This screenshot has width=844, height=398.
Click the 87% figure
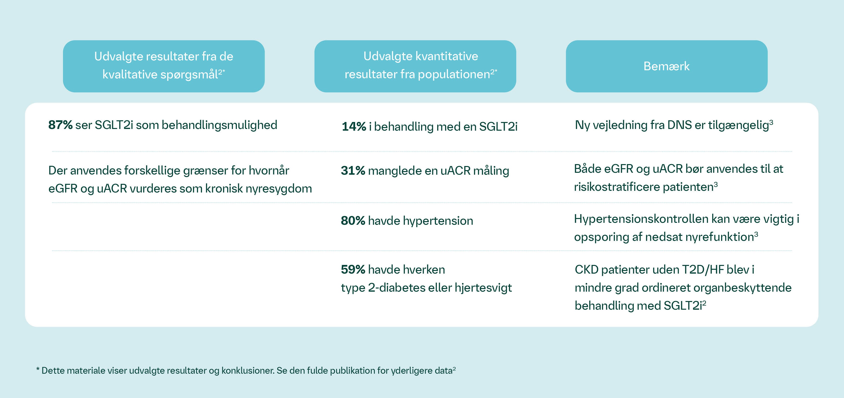tap(60, 125)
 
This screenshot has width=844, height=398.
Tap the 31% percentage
tap(353, 171)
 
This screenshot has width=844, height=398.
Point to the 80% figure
tap(353, 221)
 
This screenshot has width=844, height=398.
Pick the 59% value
tap(353, 270)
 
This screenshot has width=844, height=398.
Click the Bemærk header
tap(666, 66)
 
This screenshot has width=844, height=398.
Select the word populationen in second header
tap(454, 74)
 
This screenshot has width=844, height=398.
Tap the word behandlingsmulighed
tap(219, 125)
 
